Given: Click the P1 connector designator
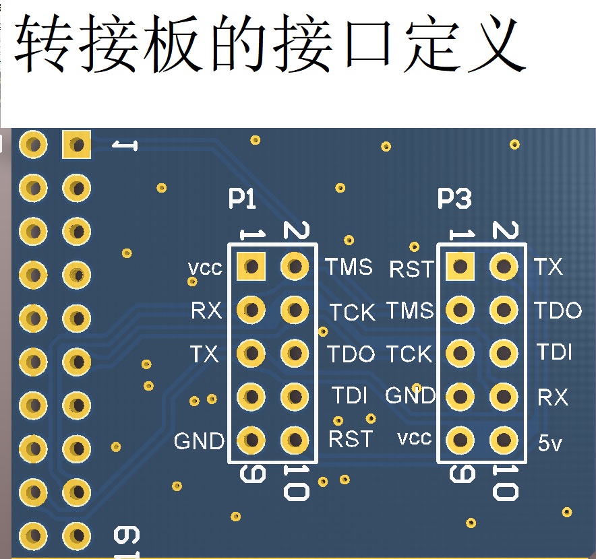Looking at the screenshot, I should point(242,199).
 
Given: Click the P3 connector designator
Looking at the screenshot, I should point(454,199).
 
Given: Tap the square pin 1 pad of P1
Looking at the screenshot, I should point(251,267).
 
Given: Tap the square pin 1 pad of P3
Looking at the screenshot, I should point(460,267).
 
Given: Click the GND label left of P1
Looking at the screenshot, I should point(199,442).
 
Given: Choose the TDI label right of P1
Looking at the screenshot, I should point(349,396).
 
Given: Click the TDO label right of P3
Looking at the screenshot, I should point(558,310).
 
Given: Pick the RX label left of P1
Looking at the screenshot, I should point(206,310).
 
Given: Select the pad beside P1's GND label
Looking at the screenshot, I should point(251,440).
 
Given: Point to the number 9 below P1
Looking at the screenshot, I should point(251,474).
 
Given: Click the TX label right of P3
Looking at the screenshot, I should point(549,267).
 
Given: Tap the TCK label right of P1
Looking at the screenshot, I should point(352,313).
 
